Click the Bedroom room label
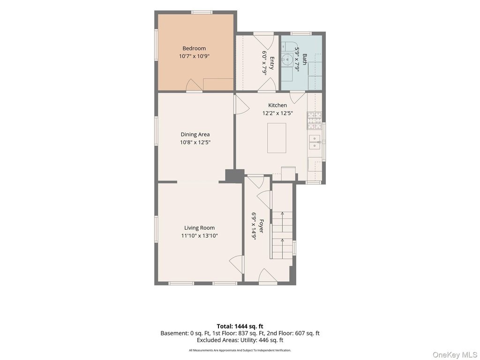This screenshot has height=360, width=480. coord(194,48)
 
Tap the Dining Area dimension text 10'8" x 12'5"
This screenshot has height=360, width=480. coord(195,142)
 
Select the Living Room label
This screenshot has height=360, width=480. coord(199,228)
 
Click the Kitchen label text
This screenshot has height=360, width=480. coord(277,105)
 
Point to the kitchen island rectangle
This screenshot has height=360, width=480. coord(277,138)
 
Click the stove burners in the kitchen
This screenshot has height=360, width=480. coord(315,120)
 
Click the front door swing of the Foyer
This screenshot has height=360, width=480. coord(267,275)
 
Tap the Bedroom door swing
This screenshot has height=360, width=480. coord(194,85)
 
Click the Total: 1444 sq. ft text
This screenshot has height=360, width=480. coord(240,326)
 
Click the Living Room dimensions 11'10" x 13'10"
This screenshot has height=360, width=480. coord(199,236)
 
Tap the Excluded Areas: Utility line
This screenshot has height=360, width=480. coord(240,340)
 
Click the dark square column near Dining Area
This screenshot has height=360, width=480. coord(235,176)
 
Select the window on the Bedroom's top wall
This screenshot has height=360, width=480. coord(202,12)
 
